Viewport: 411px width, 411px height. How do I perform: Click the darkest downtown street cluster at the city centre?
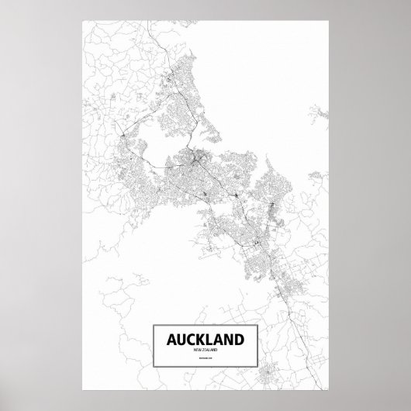click(x=197, y=161)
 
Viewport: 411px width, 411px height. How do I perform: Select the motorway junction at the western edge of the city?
click(x=123, y=138)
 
